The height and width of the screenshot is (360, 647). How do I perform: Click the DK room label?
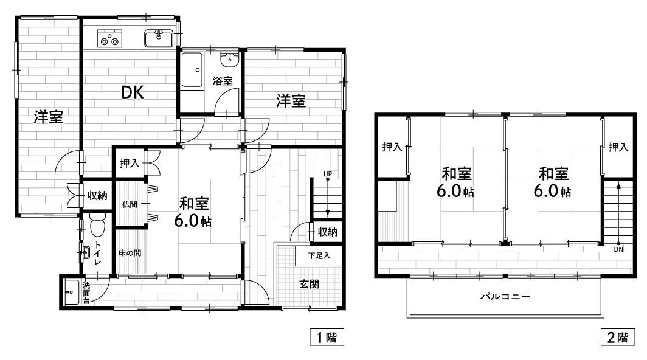coord(133,92)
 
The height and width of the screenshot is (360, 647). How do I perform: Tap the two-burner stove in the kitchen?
coord(109,38)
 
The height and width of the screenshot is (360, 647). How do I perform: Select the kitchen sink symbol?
coord(159,38)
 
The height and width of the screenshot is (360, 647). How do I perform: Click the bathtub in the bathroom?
coord(192,70)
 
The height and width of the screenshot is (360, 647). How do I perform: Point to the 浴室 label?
coord(223,81)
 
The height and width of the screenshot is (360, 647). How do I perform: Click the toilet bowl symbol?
coord(98,226)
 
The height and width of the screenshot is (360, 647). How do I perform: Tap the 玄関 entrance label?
coord(309,284)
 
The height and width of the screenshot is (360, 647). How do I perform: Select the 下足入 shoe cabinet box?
coord(319,256)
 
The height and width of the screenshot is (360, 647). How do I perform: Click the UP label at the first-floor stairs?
coord(328,174)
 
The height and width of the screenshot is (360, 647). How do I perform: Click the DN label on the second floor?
coord(618,249)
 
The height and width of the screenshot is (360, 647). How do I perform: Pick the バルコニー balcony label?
coord(505,296)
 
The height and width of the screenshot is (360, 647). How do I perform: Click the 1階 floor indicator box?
coord(327,337)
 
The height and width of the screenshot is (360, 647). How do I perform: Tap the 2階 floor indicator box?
coord(618,337)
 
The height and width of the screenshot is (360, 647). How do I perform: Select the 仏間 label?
coord(130,204)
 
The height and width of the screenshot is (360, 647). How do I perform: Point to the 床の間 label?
coord(130,253)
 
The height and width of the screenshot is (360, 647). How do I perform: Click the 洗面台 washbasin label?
coord(86,292)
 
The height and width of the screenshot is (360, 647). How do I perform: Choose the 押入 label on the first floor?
coord(130,164)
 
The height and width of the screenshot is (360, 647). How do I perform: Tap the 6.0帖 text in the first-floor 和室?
coord(193,222)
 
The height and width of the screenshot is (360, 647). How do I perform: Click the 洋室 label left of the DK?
coord(49,117)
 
